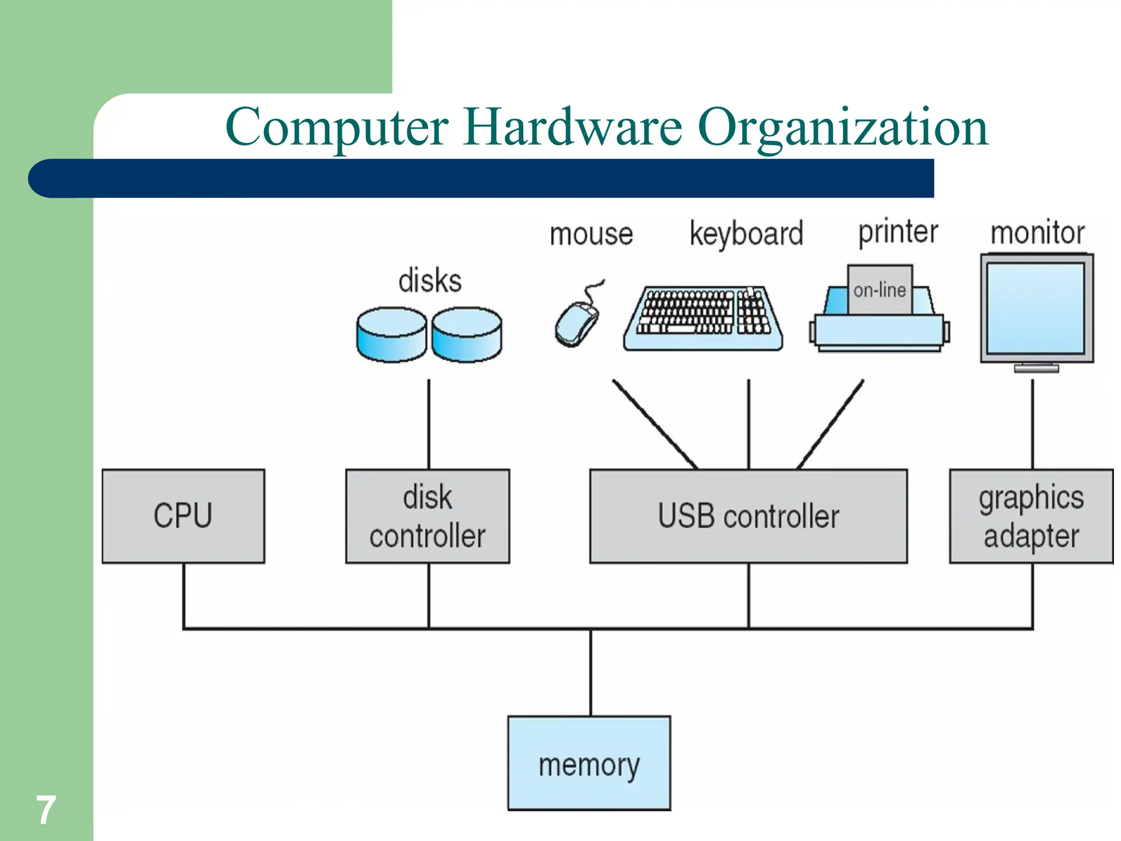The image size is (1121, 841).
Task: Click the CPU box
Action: [183, 516]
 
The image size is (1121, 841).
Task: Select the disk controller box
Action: [427, 516]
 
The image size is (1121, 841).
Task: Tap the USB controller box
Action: [748, 516]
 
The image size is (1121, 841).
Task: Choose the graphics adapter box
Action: [1031, 516]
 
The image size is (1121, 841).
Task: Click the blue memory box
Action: [589, 763]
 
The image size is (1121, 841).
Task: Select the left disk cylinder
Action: [391, 334]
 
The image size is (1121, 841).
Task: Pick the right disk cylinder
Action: [466, 334]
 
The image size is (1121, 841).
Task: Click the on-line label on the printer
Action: [880, 290]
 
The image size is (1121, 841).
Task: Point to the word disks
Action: [430, 280]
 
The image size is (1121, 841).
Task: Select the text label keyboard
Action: [746, 233]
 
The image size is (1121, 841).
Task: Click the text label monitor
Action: [1037, 233]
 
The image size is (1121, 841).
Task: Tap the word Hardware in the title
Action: [573, 127]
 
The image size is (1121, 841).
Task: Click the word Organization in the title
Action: [843, 128]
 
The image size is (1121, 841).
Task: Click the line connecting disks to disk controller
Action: [429, 424]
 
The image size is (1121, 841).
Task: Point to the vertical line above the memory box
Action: [591, 672]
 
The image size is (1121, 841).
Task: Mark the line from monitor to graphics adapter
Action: [1032, 424]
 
